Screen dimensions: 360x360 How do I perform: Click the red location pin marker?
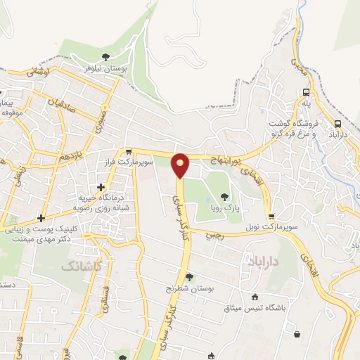coord(181,165)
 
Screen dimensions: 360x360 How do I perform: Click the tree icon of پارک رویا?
coord(224,198)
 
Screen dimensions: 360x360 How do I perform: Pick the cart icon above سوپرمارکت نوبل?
coord(272,217)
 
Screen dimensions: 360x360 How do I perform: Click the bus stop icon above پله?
coord(306,93)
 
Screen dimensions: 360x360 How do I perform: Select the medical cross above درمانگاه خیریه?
coord(102,187)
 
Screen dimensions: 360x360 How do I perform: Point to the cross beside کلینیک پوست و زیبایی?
coord(41,218)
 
